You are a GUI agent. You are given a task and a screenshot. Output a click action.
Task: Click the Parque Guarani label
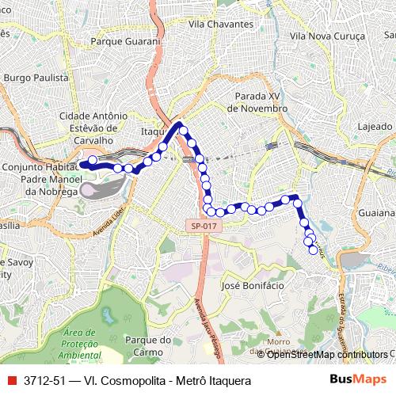click(x=126, y=41)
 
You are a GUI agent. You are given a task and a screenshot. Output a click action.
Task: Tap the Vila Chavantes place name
click(x=221, y=24)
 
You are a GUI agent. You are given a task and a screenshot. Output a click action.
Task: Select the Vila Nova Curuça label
click(x=327, y=36)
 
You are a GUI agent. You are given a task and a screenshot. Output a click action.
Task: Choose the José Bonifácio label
click(x=251, y=285)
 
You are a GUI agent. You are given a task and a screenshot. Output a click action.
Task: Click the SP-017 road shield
click(x=204, y=226)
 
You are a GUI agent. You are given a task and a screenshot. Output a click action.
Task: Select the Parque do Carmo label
click(x=148, y=346)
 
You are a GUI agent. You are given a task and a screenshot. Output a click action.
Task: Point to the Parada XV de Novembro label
click(x=257, y=101)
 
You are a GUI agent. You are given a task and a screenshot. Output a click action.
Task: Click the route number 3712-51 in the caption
click(x=43, y=381)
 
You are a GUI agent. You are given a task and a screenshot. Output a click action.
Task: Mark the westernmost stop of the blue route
click(x=93, y=161)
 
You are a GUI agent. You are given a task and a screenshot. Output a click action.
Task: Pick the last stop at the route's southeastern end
click(x=314, y=249)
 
